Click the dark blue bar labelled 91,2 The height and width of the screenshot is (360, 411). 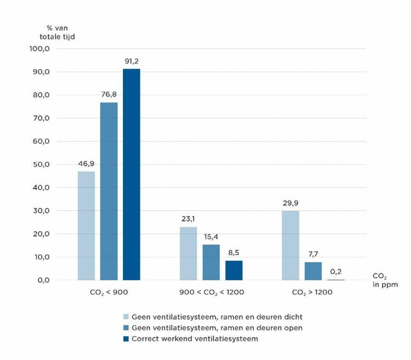pyautogui.click(x=131, y=174)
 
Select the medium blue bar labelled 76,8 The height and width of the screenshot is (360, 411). pyautogui.click(x=109, y=191)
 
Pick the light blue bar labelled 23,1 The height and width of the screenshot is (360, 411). pyautogui.click(x=188, y=253)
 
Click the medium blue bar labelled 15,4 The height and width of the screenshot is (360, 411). pyautogui.click(x=211, y=262)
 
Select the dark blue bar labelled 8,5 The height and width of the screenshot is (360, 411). pyautogui.click(x=234, y=270)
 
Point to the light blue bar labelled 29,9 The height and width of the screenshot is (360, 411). pyautogui.click(x=291, y=246)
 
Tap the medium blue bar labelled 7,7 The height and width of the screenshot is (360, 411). pyautogui.click(x=313, y=271)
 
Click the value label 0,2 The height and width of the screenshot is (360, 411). pyautogui.click(x=336, y=271)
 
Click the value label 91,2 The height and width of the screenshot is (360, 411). pyautogui.click(x=131, y=61)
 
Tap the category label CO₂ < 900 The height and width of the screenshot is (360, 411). pyautogui.click(x=109, y=293)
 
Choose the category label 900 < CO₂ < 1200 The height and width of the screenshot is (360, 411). pyautogui.click(x=211, y=293)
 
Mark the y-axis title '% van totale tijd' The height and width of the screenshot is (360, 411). pyautogui.click(x=57, y=32)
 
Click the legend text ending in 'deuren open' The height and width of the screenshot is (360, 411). pyautogui.click(x=217, y=328)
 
